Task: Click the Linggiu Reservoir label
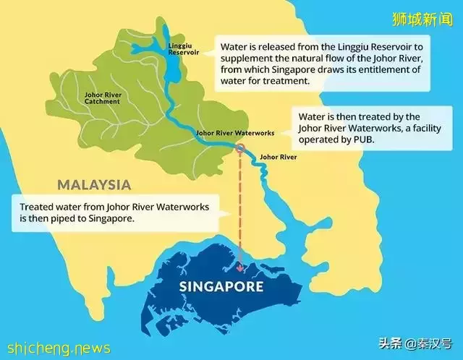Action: pos(180,48)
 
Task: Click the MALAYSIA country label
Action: pos(95,184)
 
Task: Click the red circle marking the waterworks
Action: pos(240,148)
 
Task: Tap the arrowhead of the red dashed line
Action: pos(240,267)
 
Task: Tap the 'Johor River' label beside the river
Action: pos(278,156)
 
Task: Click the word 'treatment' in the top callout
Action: pos(283,82)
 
